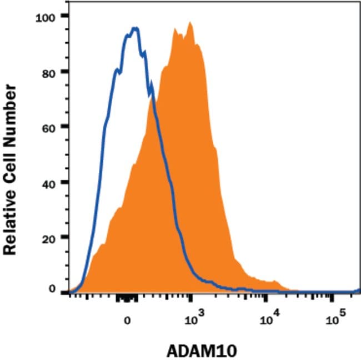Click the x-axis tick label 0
pos(127,320)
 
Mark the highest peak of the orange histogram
pos(190,23)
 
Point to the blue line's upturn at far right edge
pos(358,289)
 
